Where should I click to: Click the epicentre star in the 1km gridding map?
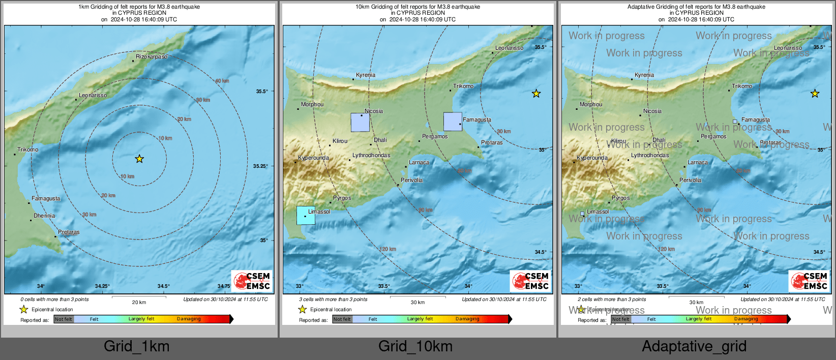[x=139, y=159]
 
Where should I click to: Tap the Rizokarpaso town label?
[x=151, y=56]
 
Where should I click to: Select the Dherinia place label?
[x=44, y=216]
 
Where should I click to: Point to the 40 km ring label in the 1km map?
[x=222, y=81]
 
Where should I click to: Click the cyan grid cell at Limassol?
[x=306, y=215]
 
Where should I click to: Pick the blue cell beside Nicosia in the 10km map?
[x=360, y=123]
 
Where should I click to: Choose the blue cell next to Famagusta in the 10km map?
[x=453, y=122]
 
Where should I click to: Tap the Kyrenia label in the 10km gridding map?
[x=366, y=75]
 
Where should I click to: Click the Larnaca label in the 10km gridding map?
[x=419, y=162]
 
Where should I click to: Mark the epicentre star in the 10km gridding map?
[x=536, y=94]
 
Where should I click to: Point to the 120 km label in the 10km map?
[x=387, y=249]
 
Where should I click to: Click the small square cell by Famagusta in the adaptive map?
[x=735, y=122]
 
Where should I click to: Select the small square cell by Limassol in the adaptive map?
[x=582, y=214]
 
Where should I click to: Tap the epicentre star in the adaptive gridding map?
[x=815, y=94]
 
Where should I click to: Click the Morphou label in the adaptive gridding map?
[x=591, y=104]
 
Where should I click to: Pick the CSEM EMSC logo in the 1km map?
[x=252, y=281]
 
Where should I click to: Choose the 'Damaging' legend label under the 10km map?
[x=467, y=319]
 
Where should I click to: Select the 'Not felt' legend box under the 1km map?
[x=64, y=319]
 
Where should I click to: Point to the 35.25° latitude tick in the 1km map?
[x=261, y=166]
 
